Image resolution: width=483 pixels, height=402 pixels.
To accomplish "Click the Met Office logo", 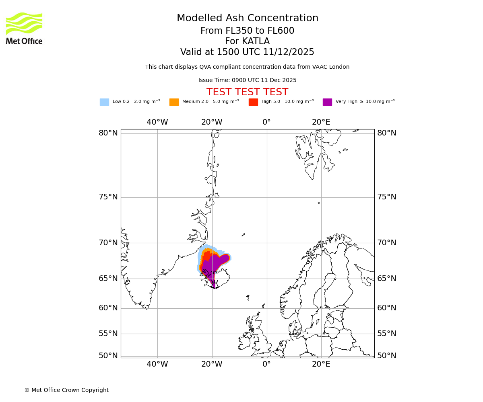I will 24,28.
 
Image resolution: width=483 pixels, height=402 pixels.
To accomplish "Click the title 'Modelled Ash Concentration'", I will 247,18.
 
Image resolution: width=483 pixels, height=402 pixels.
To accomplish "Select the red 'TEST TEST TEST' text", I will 247,92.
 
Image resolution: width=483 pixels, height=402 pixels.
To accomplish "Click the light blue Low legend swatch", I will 104,102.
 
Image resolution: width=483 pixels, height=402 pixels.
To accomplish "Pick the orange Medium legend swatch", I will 174,102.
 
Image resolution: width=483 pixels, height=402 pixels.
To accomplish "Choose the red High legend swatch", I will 253,102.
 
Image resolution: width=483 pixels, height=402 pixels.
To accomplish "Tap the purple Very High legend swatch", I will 327,102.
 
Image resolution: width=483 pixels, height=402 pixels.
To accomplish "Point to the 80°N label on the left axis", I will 108,133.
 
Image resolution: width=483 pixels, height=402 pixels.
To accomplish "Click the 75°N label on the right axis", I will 386,197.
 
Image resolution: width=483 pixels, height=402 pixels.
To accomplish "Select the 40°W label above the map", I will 157,122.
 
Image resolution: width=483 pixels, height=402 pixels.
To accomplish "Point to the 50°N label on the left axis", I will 108,356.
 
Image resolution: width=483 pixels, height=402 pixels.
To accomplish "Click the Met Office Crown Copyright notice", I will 66,390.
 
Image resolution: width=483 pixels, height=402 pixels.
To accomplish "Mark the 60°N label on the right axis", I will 386,308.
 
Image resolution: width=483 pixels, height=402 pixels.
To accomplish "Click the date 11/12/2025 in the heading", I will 289,52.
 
